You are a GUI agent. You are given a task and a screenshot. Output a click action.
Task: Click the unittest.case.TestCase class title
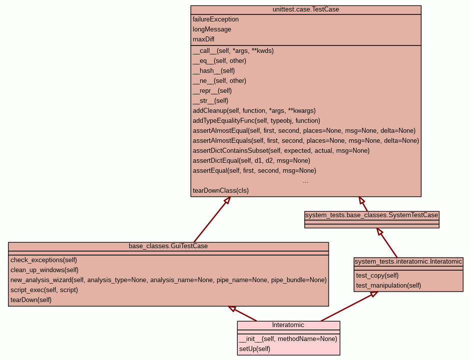tap(306, 9)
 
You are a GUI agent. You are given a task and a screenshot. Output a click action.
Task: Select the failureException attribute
tap(216, 19)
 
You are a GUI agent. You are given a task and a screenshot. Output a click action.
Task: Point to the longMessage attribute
tap(212, 29)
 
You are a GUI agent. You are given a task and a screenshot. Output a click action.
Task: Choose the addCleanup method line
tap(254, 111)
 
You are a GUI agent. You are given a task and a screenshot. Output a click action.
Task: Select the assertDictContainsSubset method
tap(281, 151)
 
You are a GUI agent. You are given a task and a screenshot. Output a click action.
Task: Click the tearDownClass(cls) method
tap(221, 191)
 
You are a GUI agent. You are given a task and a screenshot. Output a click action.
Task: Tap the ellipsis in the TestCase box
tap(306, 181)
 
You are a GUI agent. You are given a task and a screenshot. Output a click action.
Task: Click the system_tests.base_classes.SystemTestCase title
tap(372, 215)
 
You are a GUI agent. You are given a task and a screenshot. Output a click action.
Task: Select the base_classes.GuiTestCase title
tap(168, 246)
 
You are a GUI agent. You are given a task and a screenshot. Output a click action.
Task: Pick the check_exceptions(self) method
tap(44, 260)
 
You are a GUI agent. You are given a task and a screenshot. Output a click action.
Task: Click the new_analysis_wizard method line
tap(168, 280)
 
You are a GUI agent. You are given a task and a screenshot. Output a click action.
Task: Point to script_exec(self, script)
tap(44, 290)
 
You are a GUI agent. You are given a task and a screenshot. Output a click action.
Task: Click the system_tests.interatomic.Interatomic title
tap(409, 262)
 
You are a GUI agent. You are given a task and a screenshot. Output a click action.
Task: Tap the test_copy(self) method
tap(377, 276)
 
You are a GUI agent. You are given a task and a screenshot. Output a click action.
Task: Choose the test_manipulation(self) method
tap(389, 286)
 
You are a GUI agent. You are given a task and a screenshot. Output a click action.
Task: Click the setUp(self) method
tap(255, 349)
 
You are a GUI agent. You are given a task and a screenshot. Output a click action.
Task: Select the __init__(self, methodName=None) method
tap(288, 339)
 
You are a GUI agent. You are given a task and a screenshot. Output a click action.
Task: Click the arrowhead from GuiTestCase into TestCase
tap(227, 200)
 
